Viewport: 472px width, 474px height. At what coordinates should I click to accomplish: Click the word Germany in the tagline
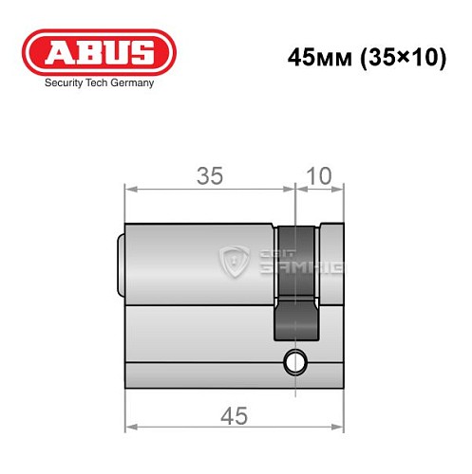(131, 83)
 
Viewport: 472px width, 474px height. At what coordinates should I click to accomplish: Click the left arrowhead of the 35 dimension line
(129, 190)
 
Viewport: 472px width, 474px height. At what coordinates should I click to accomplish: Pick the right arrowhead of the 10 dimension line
(341, 190)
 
